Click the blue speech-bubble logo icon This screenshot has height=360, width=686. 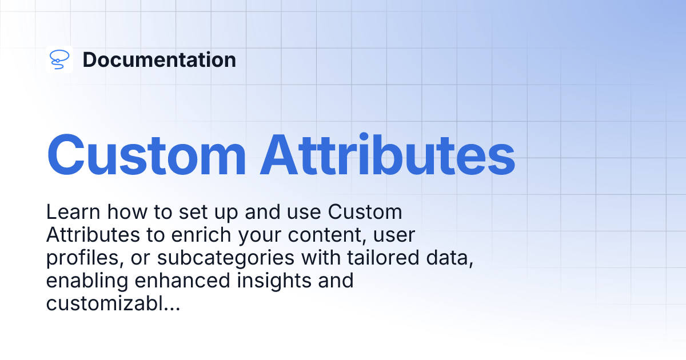[x=59, y=59]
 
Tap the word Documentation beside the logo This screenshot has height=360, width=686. [x=159, y=59]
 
